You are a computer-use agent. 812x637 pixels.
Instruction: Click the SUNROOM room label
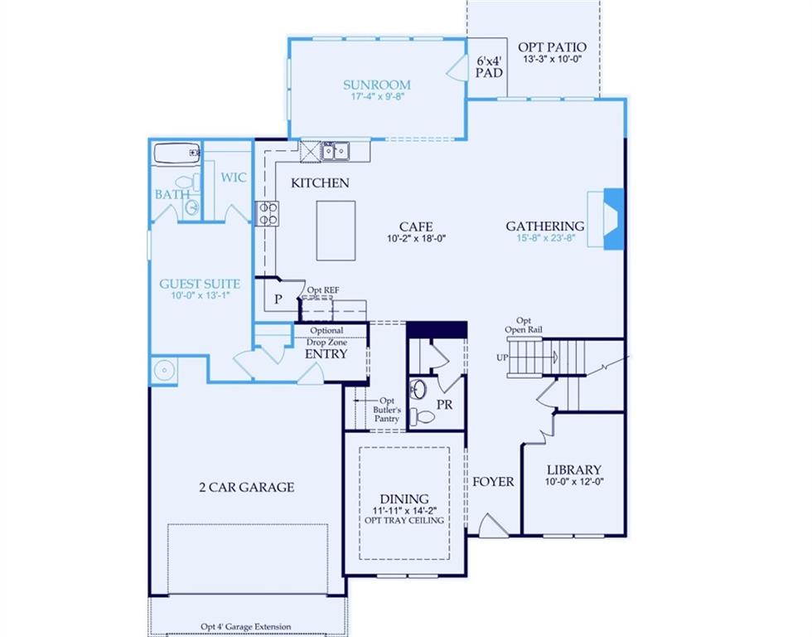click(x=377, y=85)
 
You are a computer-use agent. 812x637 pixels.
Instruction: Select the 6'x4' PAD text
click(x=489, y=67)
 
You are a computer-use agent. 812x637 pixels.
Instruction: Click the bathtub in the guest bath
click(x=176, y=153)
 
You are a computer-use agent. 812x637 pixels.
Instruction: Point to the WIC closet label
click(x=234, y=177)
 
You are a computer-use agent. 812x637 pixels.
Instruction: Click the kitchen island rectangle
click(x=336, y=231)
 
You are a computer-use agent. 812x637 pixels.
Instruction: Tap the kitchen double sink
click(x=335, y=151)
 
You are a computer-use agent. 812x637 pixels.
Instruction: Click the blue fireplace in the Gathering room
click(x=612, y=218)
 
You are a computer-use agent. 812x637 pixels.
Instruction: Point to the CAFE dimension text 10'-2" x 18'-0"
click(x=416, y=240)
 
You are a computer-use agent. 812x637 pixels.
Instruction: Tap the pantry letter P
click(x=278, y=299)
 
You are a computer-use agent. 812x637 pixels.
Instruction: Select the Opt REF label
click(x=323, y=290)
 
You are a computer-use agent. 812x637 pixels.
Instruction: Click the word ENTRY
click(x=326, y=354)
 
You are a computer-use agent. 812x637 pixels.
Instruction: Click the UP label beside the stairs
click(x=500, y=357)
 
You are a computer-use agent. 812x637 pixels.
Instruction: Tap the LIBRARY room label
click(x=573, y=469)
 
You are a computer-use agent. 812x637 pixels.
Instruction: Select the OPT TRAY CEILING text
click(x=404, y=520)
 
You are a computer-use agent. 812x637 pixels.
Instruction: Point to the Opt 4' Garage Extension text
click(x=245, y=627)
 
